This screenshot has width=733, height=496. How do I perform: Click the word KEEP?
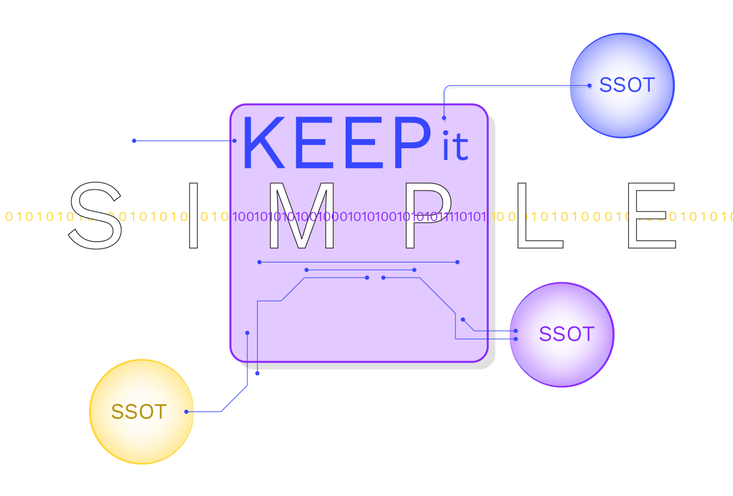336,143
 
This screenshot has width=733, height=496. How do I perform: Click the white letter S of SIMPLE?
96,216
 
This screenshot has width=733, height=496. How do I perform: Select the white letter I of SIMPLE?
194,216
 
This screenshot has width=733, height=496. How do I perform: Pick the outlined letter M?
302,216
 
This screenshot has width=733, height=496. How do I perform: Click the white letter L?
539,216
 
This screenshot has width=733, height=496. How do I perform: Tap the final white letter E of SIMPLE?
651,216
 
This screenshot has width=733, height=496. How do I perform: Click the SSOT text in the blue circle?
627,85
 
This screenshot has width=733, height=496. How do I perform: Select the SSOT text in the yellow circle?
139,412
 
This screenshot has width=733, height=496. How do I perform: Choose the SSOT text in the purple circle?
566,334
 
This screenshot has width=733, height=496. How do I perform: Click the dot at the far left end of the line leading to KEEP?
134,141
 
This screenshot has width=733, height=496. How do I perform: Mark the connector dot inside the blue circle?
589,86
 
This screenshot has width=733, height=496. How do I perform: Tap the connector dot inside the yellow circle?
186,412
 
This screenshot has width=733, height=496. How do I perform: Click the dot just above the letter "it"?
444,118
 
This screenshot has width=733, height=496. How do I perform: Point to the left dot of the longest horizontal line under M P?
260,262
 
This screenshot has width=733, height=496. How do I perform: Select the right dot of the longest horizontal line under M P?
458,262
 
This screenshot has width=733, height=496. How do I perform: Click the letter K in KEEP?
264,143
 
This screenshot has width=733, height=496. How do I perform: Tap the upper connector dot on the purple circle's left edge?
516,331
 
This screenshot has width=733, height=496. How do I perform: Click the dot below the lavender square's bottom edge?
257,373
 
